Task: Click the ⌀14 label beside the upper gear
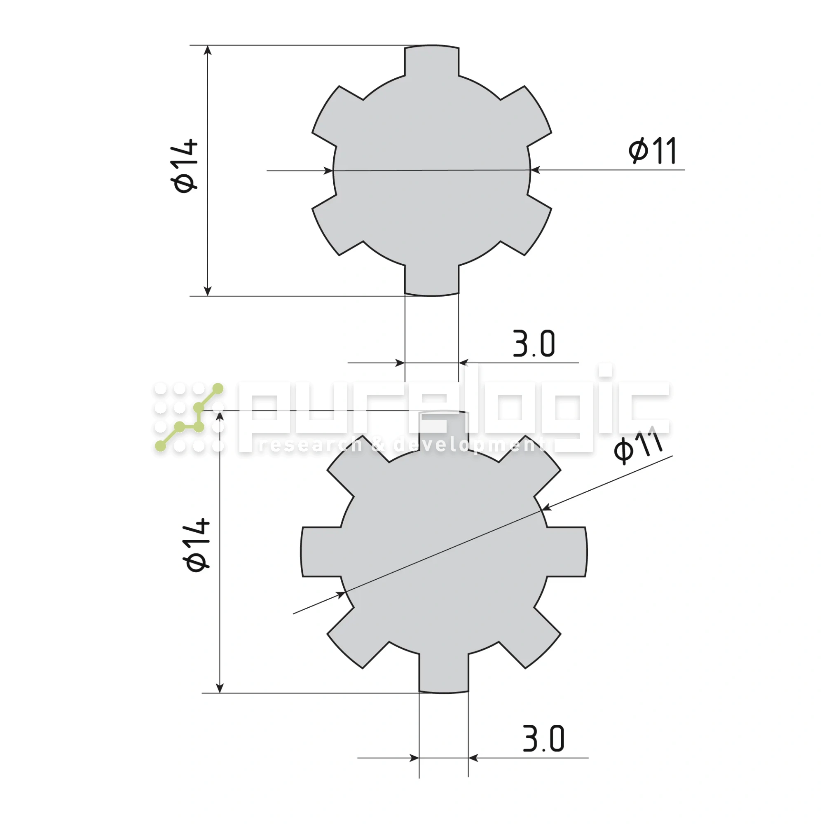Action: [185, 166]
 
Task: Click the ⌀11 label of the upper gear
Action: [653, 150]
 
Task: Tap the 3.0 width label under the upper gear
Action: [534, 343]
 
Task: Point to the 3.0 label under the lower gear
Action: [543, 738]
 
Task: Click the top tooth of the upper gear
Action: [432, 61]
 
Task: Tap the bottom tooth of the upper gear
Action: [432, 280]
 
